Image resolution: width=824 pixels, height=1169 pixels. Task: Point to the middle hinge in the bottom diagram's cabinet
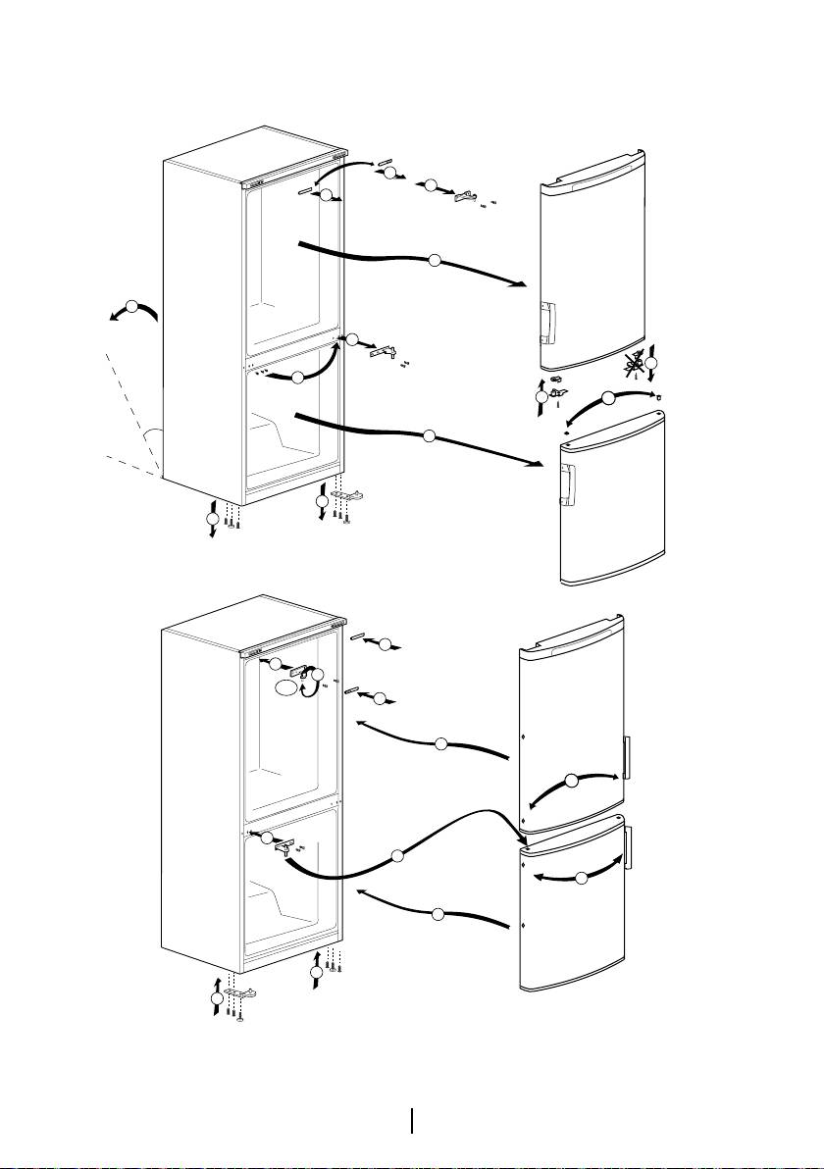286,842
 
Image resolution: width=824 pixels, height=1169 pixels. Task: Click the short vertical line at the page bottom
412,1120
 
